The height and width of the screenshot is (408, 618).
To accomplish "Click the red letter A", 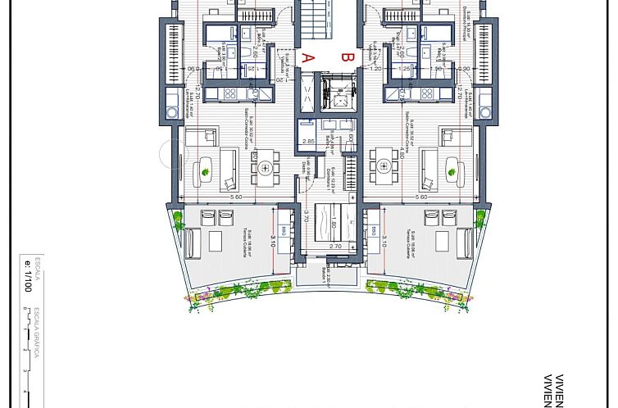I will click(x=308, y=57).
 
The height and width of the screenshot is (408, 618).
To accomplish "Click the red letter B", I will click(x=347, y=57).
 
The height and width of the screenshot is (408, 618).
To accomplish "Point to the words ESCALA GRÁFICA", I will click(x=38, y=333).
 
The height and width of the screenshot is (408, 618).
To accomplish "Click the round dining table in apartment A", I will click(x=266, y=168).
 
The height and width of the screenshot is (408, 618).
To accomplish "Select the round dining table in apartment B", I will click(x=385, y=168).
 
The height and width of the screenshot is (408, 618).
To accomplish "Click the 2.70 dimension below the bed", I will click(x=334, y=246).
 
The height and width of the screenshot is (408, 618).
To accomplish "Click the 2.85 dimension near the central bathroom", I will click(x=309, y=142).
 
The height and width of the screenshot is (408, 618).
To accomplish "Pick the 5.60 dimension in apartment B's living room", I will click(x=421, y=197).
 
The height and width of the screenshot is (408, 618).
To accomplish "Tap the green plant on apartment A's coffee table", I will click(x=205, y=172).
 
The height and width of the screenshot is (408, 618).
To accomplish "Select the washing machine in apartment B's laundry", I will click(x=484, y=112).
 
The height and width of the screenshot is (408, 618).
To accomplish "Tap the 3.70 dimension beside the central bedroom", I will click(x=305, y=217).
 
